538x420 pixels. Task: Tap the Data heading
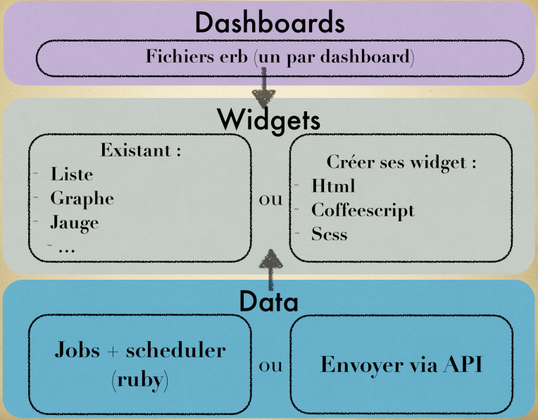point(269,301)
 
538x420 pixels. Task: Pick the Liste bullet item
point(71,173)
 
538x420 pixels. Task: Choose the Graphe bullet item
point(82,198)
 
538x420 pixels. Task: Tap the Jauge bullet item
point(74,223)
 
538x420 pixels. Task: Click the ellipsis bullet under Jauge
point(68,247)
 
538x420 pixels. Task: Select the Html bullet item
point(333,186)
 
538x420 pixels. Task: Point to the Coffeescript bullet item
point(363,210)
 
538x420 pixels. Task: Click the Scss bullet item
point(329,234)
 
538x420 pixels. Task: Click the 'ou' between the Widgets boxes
point(271,199)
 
